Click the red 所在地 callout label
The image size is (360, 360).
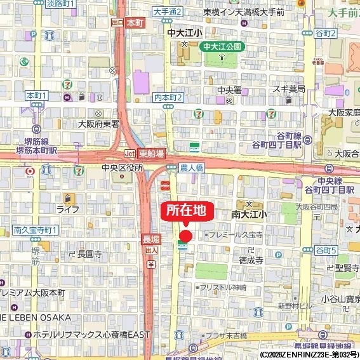[186, 211]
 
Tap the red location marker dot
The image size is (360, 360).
[185, 235]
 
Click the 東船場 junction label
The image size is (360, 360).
[151, 154]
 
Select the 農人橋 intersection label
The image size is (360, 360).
[190, 167]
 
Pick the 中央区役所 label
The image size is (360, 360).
[122, 168]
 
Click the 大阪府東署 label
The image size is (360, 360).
[98, 124]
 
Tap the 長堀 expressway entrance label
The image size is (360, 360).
[150, 239]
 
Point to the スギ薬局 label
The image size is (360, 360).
[290, 89]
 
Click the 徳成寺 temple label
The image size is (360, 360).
[251, 260]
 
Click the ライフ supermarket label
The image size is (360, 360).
[67, 209]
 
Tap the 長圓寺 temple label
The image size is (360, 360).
[90, 253]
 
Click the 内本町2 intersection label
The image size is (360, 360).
[168, 97]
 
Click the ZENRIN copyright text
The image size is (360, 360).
[309, 354]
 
